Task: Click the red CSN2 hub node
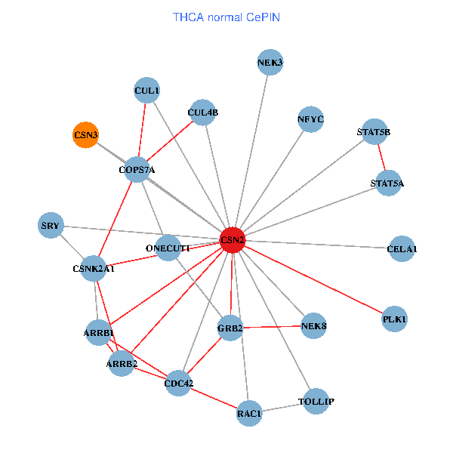pyautogui.click(x=233, y=240)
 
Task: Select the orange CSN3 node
pyautogui.click(x=85, y=135)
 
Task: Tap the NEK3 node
pyautogui.click(x=270, y=63)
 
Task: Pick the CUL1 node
pyautogui.click(x=146, y=91)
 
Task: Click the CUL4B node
pyautogui.click(x=202, y=112)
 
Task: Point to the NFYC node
pyautogui.click(x=310, y=119)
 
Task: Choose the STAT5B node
pyautogui.click(x=374, y=132)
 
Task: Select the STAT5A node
pyautogui.click(x=387, y=183)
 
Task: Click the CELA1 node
pyautogui.click(x=402, y=248)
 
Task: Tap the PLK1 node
pyautogui.click(x=395, y=319)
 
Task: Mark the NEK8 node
pyautogui.click(x=313, y=326)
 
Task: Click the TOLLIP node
pyautogui.click(x=316, y=401)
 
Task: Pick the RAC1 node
pyautogui.click(x=249, y=414)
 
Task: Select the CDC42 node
pyautogui.click(x=179, y=384)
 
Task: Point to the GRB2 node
pyautogui.click(x=230, y=328)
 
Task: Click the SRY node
pyautogui.click(x=51, y=226)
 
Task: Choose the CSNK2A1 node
pyautogui.click(x=94, y=268)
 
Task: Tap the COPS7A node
pyautogui.click(x=137, y=170)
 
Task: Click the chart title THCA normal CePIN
pyautogui.click(x=226, y=17)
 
